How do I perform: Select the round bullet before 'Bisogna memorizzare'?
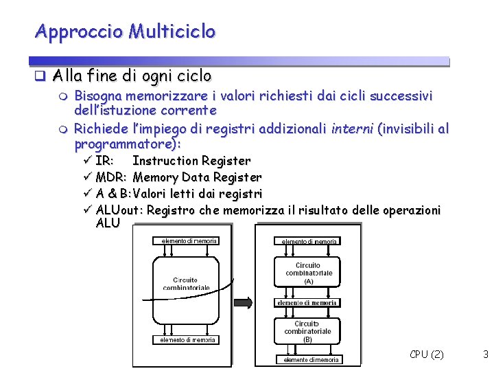pos(64,96)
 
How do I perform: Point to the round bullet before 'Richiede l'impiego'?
pos(64,128)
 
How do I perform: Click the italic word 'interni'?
pos(351,128)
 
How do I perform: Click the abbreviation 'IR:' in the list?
pos(104,161)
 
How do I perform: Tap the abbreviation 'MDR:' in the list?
pos(111,177)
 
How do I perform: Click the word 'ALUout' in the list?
pos(118,210)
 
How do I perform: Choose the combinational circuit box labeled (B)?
pos(307,331)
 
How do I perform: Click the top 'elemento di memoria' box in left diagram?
pos(189,240)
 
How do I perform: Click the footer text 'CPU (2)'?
pos(426,355)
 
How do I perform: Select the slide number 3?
pos(485,355)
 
